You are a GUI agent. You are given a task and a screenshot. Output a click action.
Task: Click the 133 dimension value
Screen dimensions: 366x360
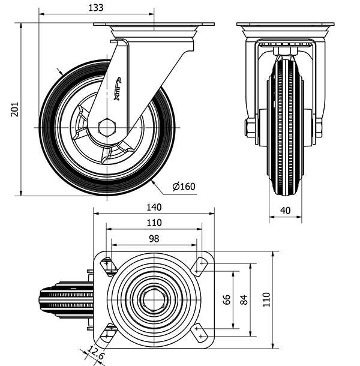coord(95,8)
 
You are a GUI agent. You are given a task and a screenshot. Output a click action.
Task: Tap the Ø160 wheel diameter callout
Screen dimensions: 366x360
coord(184,187)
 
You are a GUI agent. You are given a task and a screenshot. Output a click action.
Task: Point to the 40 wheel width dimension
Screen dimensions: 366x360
coord(285,210)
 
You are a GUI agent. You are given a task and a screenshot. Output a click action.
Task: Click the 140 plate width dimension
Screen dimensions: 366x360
coord(154,208)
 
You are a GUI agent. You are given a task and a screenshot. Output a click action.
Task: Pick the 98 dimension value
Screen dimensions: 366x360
coord(154,238)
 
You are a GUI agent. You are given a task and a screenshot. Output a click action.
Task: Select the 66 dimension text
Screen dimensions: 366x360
coord(227,299)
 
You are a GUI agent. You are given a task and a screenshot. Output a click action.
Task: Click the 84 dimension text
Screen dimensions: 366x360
coord(243,299)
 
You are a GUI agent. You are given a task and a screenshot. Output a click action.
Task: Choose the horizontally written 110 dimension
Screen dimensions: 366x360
coord(154,223)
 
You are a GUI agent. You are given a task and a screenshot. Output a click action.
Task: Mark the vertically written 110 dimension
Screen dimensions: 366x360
coord(266,299)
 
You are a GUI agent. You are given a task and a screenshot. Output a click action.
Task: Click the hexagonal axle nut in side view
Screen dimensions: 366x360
coord(107,127)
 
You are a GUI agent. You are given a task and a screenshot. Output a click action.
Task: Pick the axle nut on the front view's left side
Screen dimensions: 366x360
coord(250,127)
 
